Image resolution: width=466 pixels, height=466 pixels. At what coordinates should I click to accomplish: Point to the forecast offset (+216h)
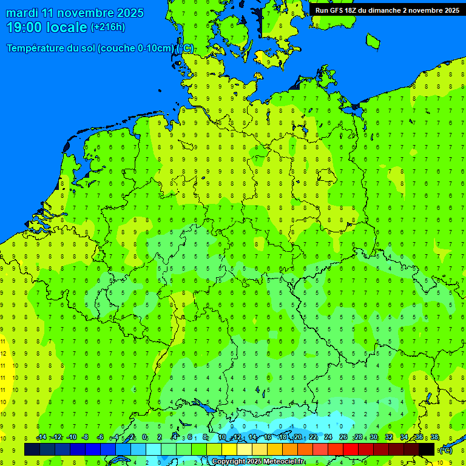(x=108, y=27)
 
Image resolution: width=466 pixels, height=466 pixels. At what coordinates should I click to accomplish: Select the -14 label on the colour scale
(x=41, y=437)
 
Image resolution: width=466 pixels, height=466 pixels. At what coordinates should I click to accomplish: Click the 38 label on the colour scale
(x=434, y=437)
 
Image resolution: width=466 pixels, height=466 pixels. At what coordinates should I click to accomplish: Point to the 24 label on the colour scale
(x=328, y=437)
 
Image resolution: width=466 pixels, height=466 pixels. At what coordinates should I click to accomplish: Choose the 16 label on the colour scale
(x=268, y=437)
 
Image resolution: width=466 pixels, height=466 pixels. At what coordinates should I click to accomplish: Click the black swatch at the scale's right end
(x=427, y=449)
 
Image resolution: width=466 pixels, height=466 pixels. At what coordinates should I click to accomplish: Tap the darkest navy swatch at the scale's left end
(x=32, y=449)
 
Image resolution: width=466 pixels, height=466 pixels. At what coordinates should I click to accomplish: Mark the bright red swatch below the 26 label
(x=351, y=449)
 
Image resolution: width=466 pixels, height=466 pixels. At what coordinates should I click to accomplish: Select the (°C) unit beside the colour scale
(x=446, y=450)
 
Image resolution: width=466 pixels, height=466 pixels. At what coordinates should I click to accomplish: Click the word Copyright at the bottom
(x=229, y=462)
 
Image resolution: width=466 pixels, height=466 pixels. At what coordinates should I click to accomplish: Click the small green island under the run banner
(x=373, y=41)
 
